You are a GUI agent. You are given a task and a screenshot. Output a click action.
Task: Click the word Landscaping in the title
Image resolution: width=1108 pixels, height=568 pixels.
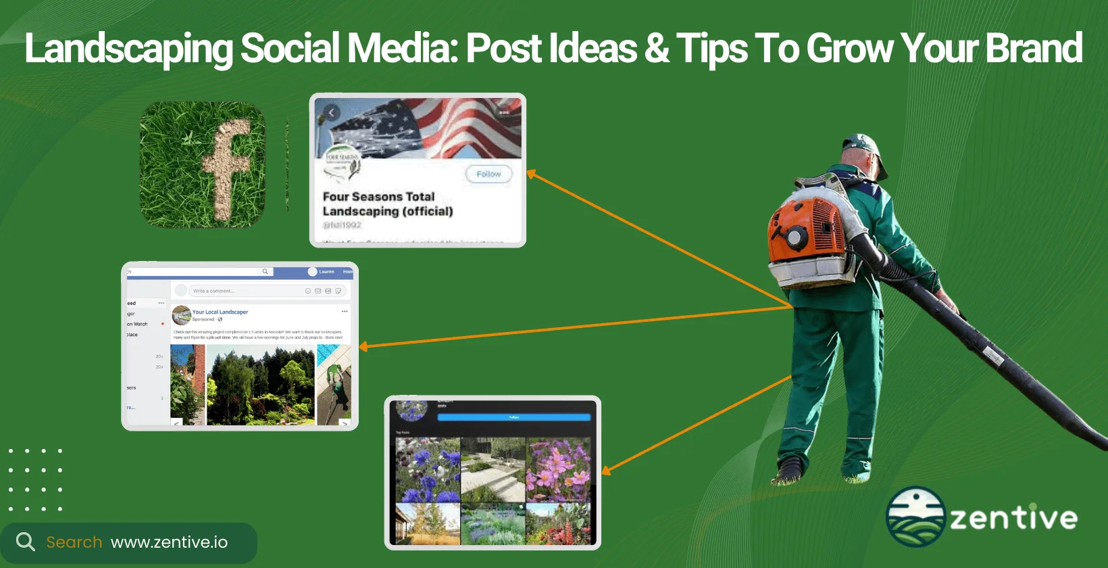point(128,49)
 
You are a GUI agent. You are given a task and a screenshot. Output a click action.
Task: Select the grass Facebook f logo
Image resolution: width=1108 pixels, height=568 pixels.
point(203,165)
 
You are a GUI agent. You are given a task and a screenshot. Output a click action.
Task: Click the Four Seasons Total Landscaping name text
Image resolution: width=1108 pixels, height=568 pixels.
point(387,204)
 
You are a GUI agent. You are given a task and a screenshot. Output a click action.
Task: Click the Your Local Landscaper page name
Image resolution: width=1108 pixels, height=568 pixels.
point(220,312)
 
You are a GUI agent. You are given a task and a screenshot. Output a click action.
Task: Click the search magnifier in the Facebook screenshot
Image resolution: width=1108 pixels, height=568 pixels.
point(266,272)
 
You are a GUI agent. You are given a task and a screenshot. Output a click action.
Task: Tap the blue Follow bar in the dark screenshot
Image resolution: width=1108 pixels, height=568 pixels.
point(513,417)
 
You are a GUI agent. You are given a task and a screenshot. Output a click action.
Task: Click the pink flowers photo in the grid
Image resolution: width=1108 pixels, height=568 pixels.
point(558,469)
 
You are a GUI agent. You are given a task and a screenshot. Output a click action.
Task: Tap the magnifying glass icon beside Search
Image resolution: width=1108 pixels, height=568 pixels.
point(25,542)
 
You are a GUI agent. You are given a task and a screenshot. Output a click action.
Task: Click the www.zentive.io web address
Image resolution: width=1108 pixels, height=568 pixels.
point(169,542)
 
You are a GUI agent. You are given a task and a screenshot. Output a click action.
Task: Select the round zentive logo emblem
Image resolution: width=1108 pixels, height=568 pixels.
point(915,517)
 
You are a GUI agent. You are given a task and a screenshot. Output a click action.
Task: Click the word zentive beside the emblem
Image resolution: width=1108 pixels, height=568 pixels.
point(1013,518)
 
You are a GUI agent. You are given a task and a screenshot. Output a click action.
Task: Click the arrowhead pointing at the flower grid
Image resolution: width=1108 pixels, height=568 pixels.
point(605,471)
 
